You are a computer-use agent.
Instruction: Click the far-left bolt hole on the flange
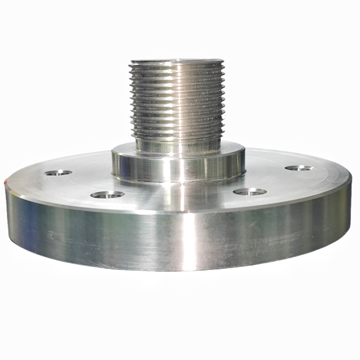tap(59, 172)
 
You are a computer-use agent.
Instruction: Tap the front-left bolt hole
tap(107, 194)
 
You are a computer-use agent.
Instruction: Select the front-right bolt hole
tap(250, 192)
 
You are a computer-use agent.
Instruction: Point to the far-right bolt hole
tap(299, 168)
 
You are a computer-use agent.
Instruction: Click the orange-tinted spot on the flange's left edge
tap(7, 182)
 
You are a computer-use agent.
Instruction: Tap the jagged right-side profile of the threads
tap(222, 99)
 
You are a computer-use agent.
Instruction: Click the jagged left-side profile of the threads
tap(131, 99)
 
